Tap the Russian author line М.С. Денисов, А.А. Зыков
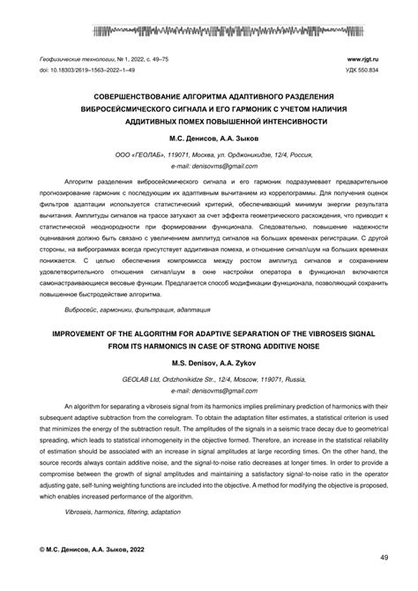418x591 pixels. coord(208,138)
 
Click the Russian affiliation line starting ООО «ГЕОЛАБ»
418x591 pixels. coord(209,153)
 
